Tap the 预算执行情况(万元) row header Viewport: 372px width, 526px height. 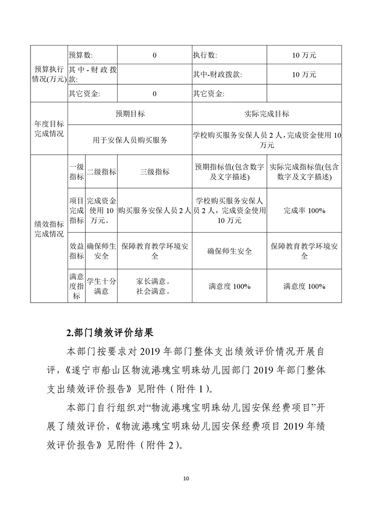coord(49,74)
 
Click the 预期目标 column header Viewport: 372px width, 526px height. coord(130,113)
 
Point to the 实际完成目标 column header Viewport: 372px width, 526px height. coord(266,113)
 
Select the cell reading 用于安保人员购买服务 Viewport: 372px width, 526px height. coord(130,140)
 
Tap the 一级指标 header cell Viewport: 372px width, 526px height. coord(76,172)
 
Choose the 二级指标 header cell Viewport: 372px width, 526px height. coord(101,172)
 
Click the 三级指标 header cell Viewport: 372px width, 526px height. coord(155,172)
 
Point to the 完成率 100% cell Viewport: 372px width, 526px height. coord(304,210)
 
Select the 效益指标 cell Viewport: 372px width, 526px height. coord(76,251)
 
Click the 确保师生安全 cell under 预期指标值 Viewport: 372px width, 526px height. coord(229,251)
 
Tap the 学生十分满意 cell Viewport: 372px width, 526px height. coord(101,286)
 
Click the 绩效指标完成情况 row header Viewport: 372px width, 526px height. coord(49,228)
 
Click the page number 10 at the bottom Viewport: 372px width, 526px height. coord(186,478)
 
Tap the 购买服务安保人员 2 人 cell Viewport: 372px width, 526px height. coord(155,211)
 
